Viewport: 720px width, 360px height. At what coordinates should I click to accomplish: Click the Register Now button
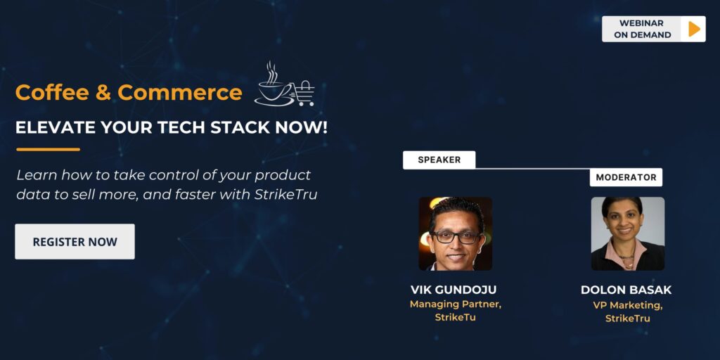[75, 242]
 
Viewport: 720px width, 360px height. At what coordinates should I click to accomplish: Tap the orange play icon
[693, 29]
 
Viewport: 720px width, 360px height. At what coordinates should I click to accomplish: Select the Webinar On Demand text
[642, 29]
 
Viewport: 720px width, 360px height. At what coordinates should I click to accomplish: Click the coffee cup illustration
[274, 87]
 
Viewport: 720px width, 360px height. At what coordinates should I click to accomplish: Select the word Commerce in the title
[180, 92]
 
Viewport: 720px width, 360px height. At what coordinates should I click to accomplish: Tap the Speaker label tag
[439, 160]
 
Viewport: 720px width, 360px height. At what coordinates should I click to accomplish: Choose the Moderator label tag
[626, 177]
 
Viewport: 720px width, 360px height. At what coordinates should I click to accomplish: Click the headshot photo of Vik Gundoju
[455, 233]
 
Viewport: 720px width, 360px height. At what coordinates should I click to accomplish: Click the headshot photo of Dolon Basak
[627, 233]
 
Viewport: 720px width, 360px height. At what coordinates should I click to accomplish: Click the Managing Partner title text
[455, 304]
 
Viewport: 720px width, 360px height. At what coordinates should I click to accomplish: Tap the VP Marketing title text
[627, 304]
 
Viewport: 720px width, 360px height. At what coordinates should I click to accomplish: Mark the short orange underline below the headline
[48, 149]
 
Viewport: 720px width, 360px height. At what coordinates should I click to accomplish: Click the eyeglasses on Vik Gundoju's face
[456, 237]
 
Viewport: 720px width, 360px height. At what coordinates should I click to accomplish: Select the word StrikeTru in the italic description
[289, 195]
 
